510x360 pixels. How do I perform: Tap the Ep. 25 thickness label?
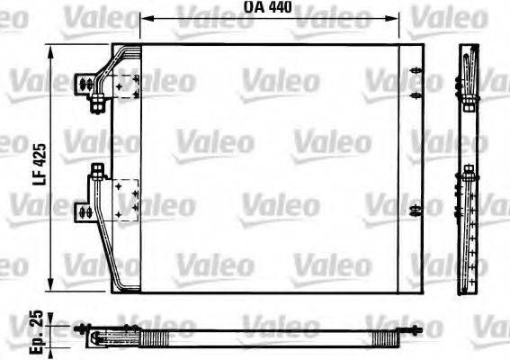[x=34, y=326]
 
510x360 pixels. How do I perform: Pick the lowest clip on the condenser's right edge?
[x=414, y=211]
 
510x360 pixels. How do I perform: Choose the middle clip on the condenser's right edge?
[x=414, y=94]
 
